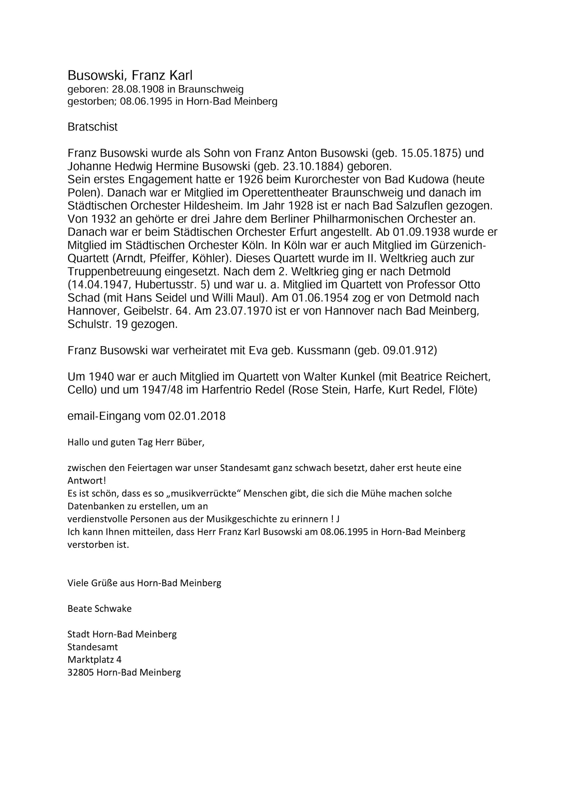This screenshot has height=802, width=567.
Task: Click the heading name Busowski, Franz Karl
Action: (130, 75)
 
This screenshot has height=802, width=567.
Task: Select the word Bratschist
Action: (93, 127)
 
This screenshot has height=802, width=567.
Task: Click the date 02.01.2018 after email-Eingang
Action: (197, 416)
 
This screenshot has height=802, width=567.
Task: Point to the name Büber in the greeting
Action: (189, 442)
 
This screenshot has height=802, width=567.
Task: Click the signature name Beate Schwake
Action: (99, 608)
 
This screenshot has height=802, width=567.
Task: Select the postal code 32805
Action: (80, 673)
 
